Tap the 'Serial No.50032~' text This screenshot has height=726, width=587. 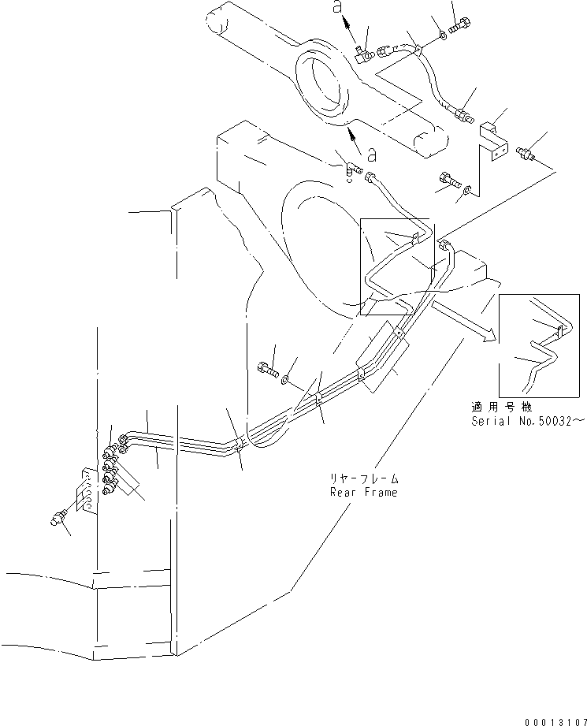tap(528, 422)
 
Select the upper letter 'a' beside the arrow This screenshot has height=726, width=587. tap(338, 6)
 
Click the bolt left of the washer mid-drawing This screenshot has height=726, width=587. tap(265, 367)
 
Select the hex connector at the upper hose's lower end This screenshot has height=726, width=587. tap(463, 117)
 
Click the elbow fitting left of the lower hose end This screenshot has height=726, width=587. tap(349, 167)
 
